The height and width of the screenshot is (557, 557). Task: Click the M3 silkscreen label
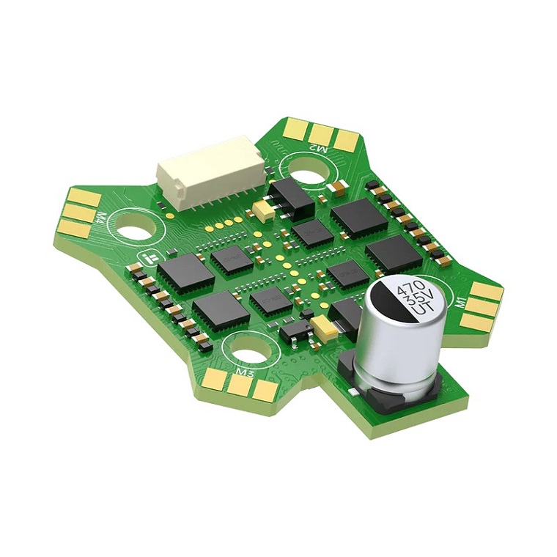(245, 373)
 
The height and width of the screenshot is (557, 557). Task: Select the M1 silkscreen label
(460, 302)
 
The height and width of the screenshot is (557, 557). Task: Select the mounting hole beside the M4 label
(136, 229)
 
